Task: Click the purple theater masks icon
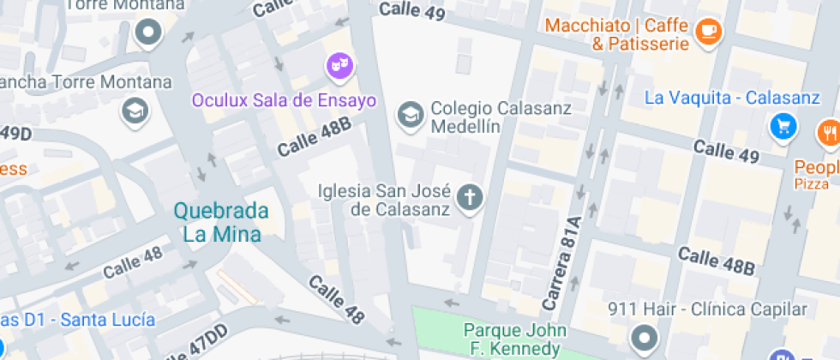[339, 64]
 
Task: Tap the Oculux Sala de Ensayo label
[284, 100]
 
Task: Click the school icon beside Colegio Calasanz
[411, 112]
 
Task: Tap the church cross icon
[469, 198]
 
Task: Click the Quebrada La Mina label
[221, 221]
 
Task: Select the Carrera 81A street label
[562, 264]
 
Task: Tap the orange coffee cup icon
[708, 32]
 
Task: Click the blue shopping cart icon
[783, 127]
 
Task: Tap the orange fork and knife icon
[829, 132]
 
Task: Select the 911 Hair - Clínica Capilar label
[706, 309]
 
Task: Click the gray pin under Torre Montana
[149, 33]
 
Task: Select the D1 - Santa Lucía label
[77, 320]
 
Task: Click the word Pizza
[811, 184]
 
